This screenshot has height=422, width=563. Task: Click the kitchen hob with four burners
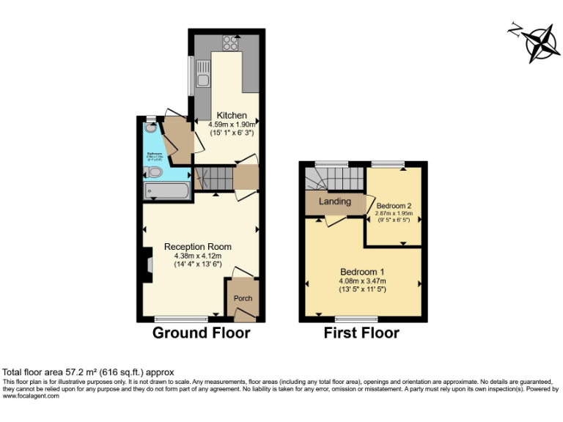coord(232,42)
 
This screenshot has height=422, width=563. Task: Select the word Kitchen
coord(231,116)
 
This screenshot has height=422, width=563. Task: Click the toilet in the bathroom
coord(155,172)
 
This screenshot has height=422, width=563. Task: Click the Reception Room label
coord(198,246)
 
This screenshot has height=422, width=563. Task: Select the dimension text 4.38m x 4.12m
coord(198,256)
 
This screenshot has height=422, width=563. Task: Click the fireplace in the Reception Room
coord(146,264)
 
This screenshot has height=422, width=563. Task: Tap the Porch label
coord(243,299)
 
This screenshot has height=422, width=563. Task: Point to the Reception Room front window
coord(181,319)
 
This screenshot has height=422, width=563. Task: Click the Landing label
coord(335,201)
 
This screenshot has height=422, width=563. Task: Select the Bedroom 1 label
coord(362,272)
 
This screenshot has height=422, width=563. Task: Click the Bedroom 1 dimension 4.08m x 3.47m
coord(362,281)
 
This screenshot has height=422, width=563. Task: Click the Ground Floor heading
coord(201,334)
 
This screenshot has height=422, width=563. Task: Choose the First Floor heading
coord(361,334)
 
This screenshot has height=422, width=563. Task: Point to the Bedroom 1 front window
coord(357,319)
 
